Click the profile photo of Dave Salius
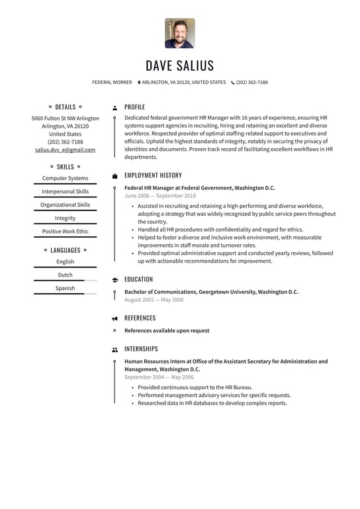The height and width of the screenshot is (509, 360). point(179,33)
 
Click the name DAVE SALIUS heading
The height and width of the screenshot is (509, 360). point(180,66)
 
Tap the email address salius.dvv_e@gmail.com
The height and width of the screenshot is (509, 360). point(65,150)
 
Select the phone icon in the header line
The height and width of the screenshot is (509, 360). point(233,83)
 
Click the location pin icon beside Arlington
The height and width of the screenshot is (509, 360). point(139,83)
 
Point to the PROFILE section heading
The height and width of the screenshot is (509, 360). point(134,107)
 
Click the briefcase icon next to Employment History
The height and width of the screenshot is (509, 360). point(115,176)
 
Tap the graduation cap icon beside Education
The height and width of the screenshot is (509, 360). point(115,280)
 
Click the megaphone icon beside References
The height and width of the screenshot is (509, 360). point(115,318)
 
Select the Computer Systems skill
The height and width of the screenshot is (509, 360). point(65,179)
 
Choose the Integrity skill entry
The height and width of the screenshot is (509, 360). point(65,218)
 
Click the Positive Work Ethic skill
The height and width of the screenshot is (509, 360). point(65,232)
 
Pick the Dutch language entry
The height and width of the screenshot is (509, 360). point(65,275)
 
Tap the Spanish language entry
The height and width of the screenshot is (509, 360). point(65,289)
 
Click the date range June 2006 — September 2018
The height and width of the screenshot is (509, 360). point(160,196)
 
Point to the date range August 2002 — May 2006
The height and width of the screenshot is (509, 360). point(154,300)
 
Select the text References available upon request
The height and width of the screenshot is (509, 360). point(167,331)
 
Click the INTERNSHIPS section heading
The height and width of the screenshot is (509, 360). point(141,349)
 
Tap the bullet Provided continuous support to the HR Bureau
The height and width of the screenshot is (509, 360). point(195,387)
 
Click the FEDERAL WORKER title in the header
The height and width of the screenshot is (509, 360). point(112,83)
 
